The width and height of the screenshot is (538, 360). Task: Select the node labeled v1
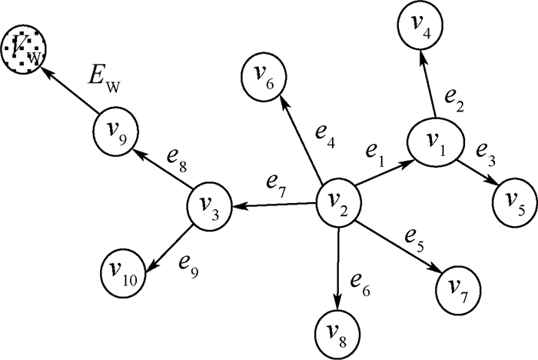434,142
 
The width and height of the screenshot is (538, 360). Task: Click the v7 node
459,288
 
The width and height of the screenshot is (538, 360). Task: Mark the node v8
337,332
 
